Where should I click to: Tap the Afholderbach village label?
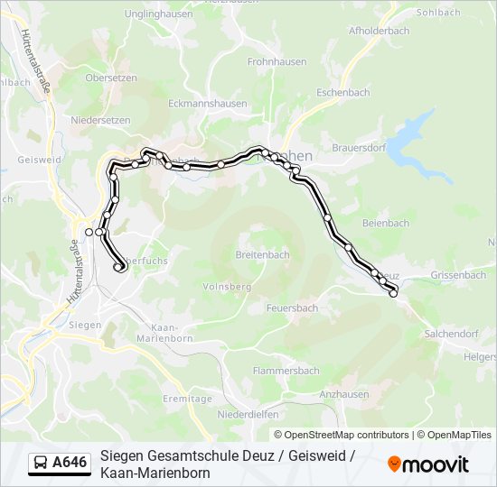coord(379,31)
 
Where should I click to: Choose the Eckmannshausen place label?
coord(207,104)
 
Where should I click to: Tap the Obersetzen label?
coord(110,78)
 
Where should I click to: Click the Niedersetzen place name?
coord(100,120)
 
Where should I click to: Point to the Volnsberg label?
coord(227,286)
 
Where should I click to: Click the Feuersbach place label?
coord(292,308)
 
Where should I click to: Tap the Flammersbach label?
coord(286,371)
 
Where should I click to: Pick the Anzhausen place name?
coord(343,394)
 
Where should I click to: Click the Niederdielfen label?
coord(248,416)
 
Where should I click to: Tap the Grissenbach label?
coord(458,275)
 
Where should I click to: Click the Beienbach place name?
coord(385,224)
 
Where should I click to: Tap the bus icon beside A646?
coord(41,464)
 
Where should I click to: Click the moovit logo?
coord(428,464)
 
